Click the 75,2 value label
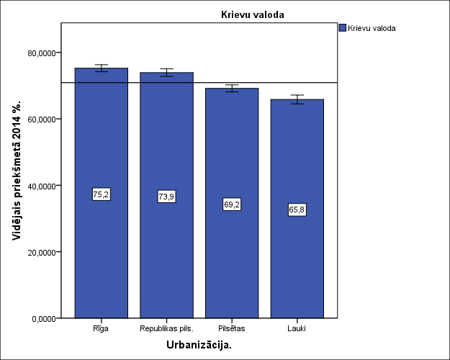[102, 194]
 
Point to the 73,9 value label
[166, 197]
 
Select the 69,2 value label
[232, 204]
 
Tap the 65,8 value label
[297, 210]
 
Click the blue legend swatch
[342, 29]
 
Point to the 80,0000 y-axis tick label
[42, 53]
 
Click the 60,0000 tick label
[42, 119]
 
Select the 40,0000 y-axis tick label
[42, 186]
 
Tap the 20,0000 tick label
[42, 252]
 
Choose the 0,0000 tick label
[44, 318]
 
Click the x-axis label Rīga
[102, 328]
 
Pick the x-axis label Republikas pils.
[166, 328]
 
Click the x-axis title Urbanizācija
[199, 345]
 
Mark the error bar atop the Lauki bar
[297, 99]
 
